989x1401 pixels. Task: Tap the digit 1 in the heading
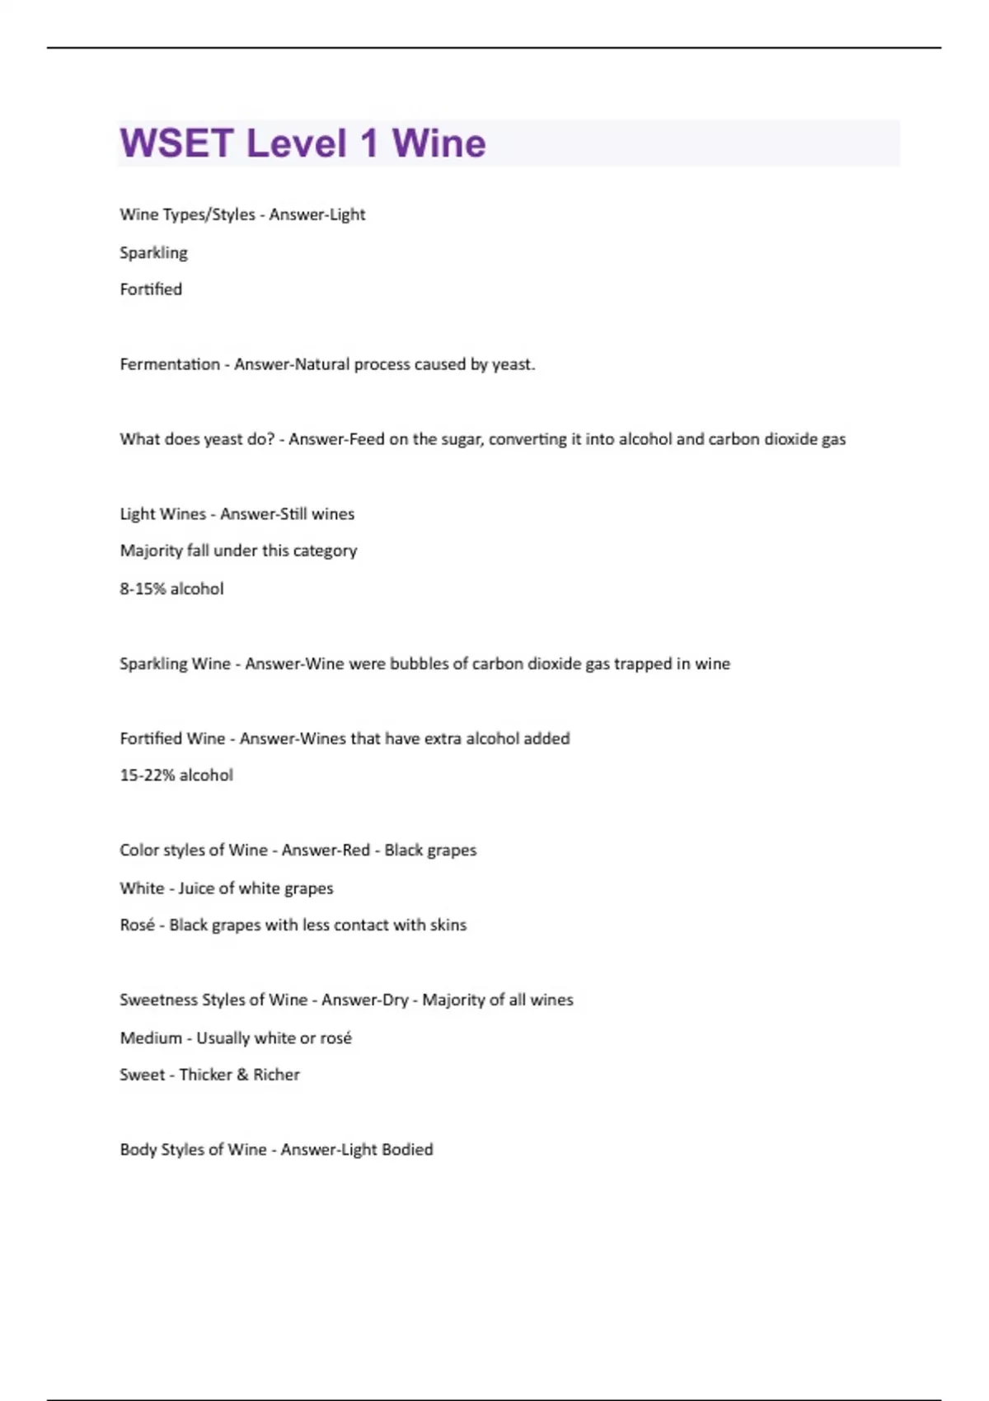pos(368,143)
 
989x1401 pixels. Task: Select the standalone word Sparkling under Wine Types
pos(153,252)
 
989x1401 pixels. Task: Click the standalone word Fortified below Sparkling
pos(151,289)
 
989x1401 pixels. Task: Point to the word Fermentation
pos(170,364)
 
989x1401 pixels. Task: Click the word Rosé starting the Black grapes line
pos(137,925)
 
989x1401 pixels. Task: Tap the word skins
pos(448,925)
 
